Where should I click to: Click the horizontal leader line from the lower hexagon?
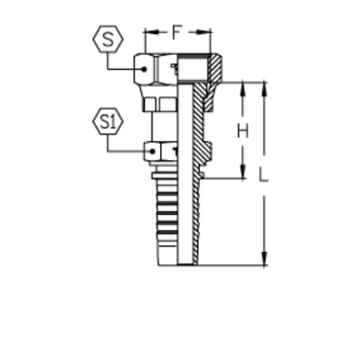[123, 152]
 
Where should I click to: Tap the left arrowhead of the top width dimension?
[144, 41]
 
